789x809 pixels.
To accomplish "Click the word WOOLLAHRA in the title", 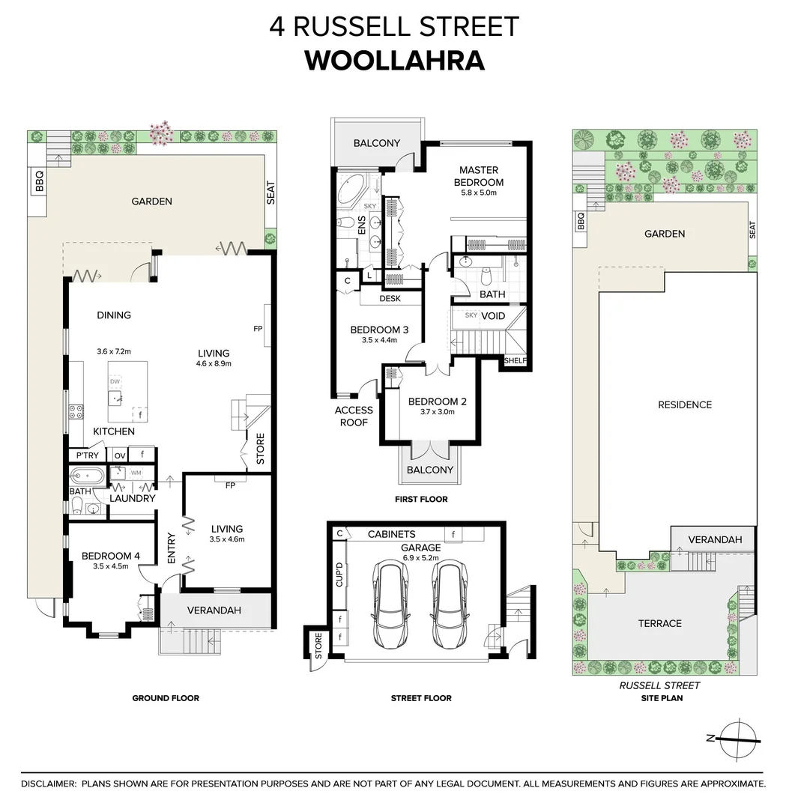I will (x=395, y=60).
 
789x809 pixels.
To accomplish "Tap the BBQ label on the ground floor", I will (x=40, y=183).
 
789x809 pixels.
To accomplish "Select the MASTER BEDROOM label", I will (x=479, y=176).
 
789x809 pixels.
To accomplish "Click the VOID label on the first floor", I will (x=492, y=316).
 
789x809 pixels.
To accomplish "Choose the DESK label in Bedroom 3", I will (x=390, y=298).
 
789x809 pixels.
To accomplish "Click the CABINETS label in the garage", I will (x=391, y=534).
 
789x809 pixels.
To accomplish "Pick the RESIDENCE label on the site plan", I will (x=684, y=404).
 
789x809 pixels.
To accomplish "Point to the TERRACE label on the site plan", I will (x=659, y=623).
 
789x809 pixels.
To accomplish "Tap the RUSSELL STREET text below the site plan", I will (x=659, y=685).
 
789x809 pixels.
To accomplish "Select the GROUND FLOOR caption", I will (x=166, y=698).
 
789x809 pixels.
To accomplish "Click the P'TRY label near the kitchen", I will (x=83, y=455).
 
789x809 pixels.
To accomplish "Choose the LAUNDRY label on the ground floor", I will (x=132, y=498).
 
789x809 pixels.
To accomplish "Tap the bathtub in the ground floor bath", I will (x=88, y=476).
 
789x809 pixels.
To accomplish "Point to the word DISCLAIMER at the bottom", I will (x=49, y=784).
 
